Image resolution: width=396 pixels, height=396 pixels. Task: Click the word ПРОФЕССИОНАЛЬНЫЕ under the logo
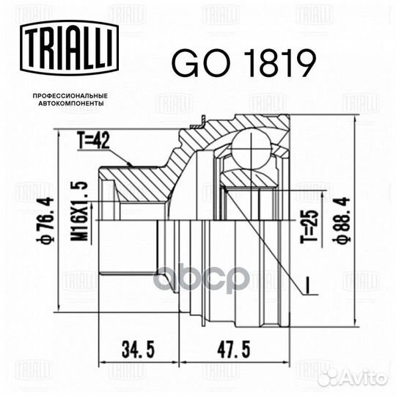coord(70,96)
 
